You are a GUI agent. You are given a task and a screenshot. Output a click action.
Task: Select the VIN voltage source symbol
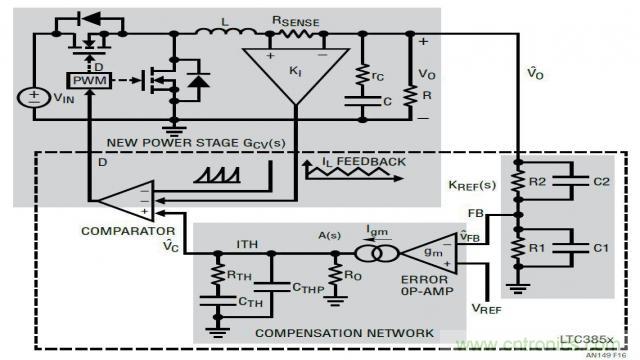click(x=36, y=98)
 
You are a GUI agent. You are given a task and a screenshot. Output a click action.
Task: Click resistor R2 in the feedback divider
click(x=517, y=181)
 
